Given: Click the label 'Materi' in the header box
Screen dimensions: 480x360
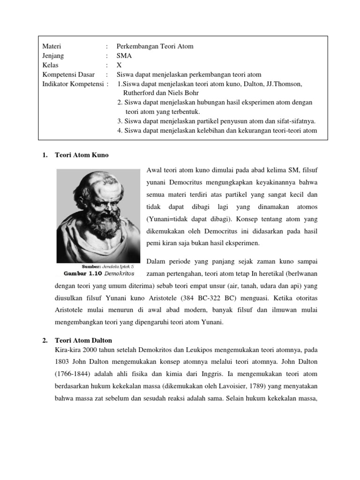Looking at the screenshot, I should pyautogui.click(x=52, y=46).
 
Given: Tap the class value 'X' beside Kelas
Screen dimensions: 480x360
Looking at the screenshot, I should pyautogui.click(x=119, y=65).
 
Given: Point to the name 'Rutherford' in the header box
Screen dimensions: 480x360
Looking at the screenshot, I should pyautogui.click(x=140, y=93).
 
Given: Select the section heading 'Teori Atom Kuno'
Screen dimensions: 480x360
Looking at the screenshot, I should pyautogui.click(x=82, y=155).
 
